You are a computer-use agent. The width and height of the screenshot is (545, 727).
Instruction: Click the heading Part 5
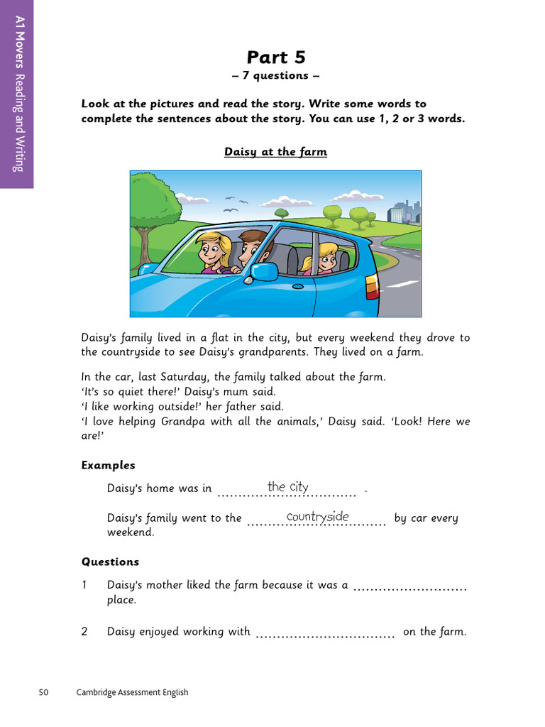[x=275, y=57]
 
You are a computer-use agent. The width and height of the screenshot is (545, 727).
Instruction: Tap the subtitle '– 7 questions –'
[x=275, y=75]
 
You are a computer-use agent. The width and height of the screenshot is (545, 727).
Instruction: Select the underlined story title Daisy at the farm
[x=275, y=151]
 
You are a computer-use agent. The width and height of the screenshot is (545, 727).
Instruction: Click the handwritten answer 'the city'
[x=287, y=487]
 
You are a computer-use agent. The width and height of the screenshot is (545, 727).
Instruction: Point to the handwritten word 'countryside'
[x=317, y=517]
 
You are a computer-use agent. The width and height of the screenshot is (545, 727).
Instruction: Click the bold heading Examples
[x=108, y=465]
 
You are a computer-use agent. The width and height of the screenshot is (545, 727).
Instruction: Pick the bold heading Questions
[x=110, y=562]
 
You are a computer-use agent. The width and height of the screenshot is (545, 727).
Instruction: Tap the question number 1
[x=84, y=585]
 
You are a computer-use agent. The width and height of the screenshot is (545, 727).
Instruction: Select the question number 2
[x=84, y=631]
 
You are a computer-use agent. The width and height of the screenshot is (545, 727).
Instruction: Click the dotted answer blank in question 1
[x=409, y=589]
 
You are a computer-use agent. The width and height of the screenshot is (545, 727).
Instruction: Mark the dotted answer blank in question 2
[x=324, y=635]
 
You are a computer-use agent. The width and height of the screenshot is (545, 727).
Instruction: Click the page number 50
[x=43, y=692]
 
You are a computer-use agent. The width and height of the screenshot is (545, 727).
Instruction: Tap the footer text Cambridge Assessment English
[x=132, y=692]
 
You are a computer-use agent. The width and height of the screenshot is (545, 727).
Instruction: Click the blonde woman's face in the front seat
[x=211, y=250]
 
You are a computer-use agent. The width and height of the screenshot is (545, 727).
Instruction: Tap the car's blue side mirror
[x=264, y=272]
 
